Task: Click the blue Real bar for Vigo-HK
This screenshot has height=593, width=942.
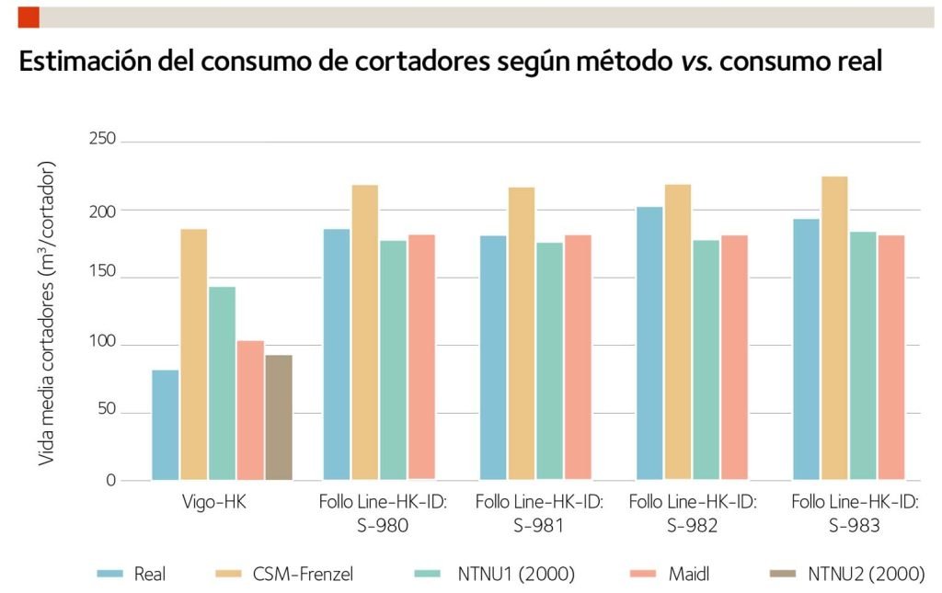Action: [x=166, y=425]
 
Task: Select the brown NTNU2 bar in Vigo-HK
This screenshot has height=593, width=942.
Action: [x=279, y=417]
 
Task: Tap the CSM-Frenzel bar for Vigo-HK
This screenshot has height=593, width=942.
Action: [x=194, y=354]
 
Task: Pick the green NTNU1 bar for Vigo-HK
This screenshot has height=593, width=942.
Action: [x=222, y=383]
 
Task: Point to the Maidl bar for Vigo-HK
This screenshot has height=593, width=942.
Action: [x=250, y=410]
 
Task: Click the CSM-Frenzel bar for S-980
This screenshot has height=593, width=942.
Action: [x=364, y=332]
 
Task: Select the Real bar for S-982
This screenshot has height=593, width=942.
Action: [x=649, y=343]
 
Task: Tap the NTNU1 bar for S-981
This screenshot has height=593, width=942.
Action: [x=550, y=360]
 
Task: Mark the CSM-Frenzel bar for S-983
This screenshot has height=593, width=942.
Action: [x=834, y=327]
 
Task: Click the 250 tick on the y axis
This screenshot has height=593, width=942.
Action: [x=102, y=140]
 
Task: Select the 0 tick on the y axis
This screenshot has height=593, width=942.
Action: [x=109, y=480]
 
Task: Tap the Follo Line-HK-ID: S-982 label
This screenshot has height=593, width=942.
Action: [x=692, y=514]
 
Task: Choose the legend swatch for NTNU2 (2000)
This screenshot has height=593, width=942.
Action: [x=782, y=574]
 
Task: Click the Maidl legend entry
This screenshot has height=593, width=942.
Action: [x=689, y=574]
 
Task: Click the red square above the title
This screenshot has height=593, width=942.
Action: [x=28, y=16]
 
